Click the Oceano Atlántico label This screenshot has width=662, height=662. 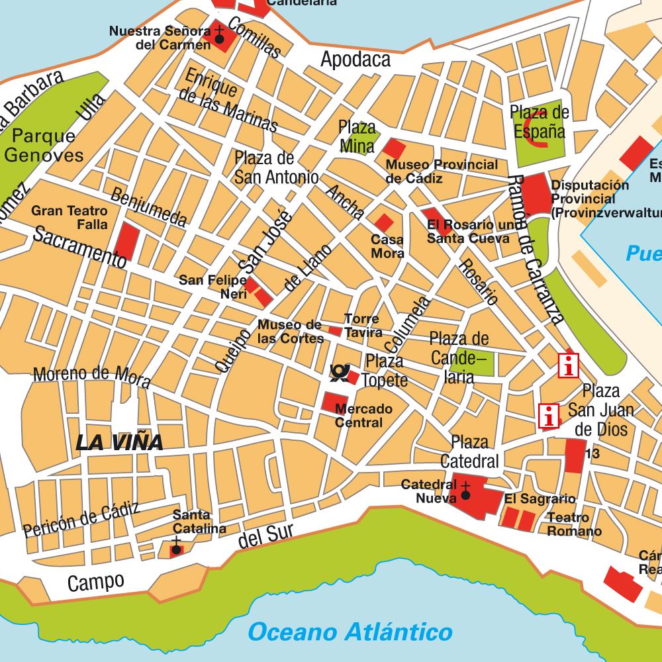point(350,632)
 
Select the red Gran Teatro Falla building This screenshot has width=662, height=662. point(126,241)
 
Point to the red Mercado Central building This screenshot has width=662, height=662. point(333,403)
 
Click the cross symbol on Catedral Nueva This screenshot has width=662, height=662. point(465,493)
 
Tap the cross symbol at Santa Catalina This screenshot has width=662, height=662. point(176,548)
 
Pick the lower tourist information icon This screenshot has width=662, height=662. point(548,416)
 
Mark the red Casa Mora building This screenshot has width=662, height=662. point(383,223)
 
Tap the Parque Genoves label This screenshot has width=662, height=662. point(44,146)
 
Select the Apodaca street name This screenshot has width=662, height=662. point(355,60)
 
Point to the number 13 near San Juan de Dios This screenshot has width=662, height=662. point(592,454)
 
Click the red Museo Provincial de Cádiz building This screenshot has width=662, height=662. point(395,148)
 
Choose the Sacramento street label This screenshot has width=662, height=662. point(79,247)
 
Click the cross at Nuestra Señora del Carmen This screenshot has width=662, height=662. point(219,30)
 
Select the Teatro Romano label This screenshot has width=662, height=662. point(575,525)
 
